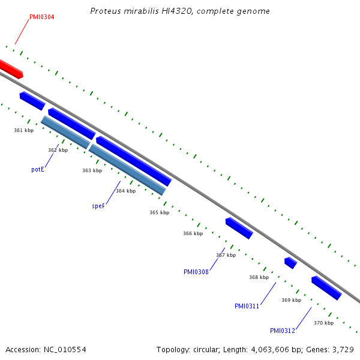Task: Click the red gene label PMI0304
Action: tap(42, 17)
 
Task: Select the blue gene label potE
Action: tap(38, 170)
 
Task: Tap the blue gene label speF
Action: tap(98, 206)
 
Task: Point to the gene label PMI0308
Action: tap(196, 272)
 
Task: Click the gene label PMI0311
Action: tap(247, 306)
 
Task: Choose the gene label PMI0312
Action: tap(283, 331)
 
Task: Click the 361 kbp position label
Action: tap(24, 130)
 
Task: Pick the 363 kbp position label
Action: tap(92, 170)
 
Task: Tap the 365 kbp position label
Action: tap(159, 212)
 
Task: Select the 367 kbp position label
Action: tap(226, 255)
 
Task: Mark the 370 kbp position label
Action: tap(323, 323)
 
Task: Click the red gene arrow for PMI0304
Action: tap(11, 68)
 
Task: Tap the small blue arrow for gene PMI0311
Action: tap(290, 262)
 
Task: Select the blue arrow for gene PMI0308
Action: tap(239, 228)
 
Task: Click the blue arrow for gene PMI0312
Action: tap(326, 287)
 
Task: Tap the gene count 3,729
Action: tap(343, 349)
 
